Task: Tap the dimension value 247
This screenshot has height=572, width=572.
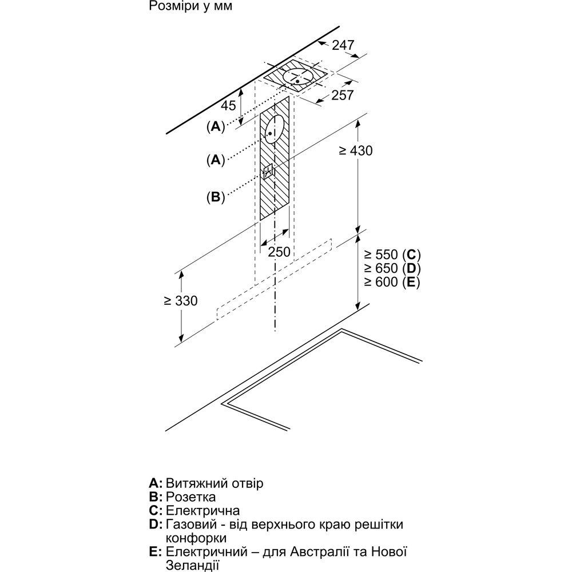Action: coord(343,45)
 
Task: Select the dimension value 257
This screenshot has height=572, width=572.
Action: coord(343,96)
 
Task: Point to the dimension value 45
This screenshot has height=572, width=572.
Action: coord(228,105)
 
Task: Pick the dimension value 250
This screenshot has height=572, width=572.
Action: coord(279,252)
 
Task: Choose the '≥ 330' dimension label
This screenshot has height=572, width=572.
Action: coord(180,301)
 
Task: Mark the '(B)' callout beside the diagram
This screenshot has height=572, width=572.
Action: coord(215,197)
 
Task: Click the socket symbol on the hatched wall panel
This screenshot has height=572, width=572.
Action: coord(268,172)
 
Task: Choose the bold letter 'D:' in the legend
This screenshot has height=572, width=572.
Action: coord(156,525)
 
